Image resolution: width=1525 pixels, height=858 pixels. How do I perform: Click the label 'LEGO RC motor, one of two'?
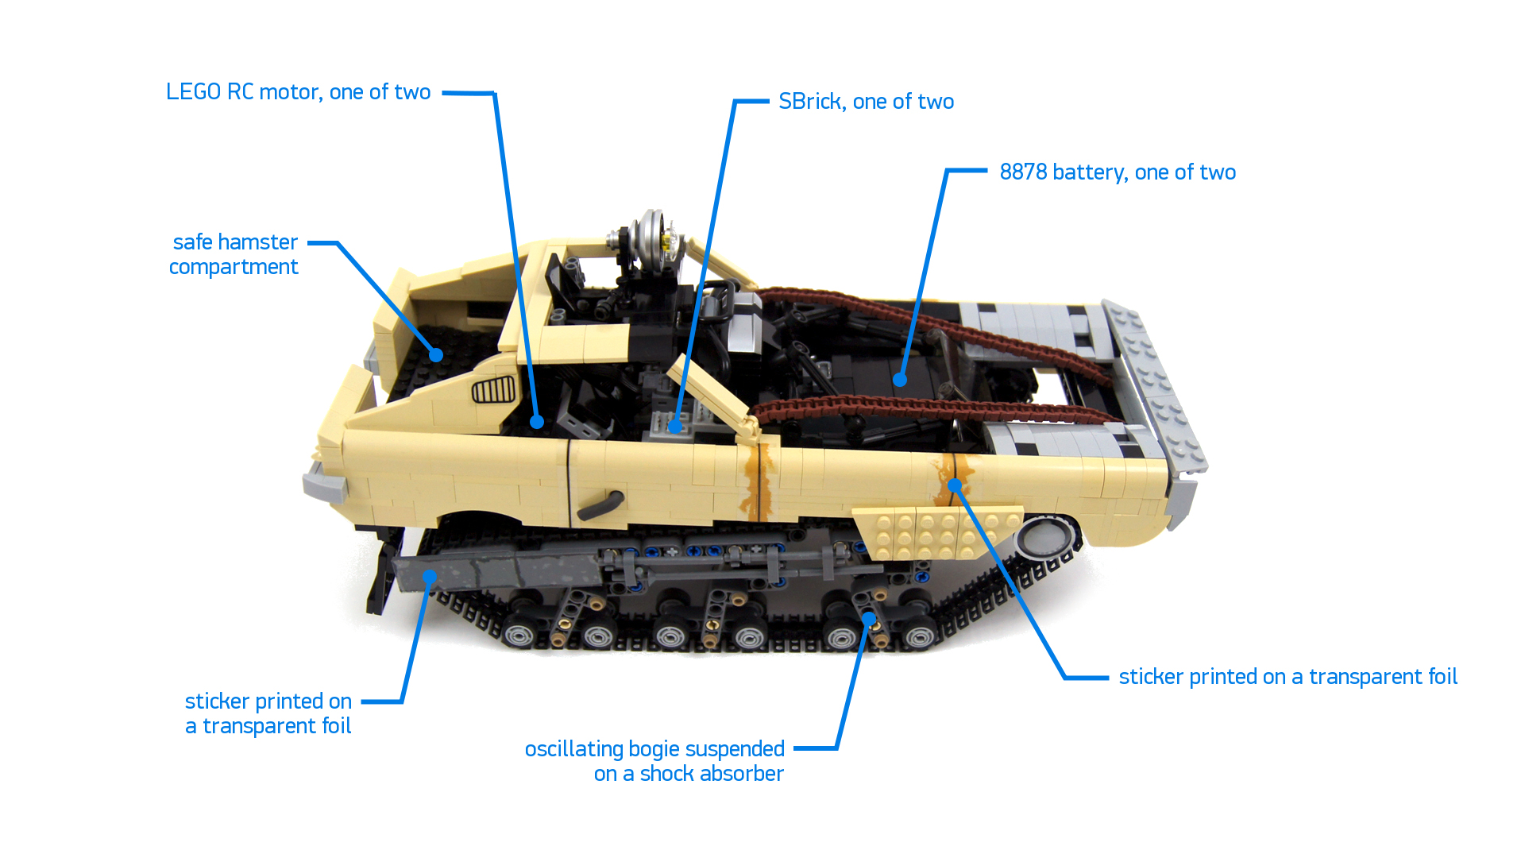click(x=298, y=92)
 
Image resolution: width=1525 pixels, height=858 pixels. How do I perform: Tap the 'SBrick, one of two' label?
click(x=866, y=102)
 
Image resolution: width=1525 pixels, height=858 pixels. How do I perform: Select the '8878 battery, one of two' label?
click(x=1118, y=172)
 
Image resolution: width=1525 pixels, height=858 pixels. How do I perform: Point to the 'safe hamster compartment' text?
click(x=234, y=254)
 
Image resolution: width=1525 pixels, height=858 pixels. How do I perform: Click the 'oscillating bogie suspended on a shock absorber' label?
click(x=654, y=761)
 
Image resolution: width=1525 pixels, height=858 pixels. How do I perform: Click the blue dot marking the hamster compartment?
click(x=436, y=355)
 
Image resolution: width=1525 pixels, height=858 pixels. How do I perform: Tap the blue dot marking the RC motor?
click(x=537, y=422)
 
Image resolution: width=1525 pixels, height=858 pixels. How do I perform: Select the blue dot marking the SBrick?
click(x=674, y=427)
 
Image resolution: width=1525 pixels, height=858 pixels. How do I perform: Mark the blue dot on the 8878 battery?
click(x=900, y=380)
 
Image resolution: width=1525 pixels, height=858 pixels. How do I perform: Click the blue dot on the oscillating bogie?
click(x=869, y=618)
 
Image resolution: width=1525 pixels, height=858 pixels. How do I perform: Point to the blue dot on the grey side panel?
click(x=429, y=577)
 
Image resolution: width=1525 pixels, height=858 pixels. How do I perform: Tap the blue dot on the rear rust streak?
click(x=955, y=485)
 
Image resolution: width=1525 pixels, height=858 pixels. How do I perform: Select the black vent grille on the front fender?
click(x=493, y=391)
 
